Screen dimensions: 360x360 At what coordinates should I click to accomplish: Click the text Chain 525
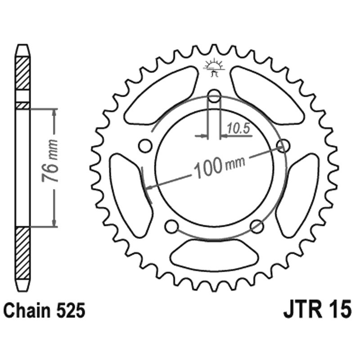(x=44, y=310)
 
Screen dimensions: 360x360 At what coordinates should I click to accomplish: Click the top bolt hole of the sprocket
(x=215, y=96)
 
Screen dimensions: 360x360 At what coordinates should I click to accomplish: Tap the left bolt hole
(x=144, y=146)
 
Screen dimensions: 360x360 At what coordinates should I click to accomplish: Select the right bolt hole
(x=283, y=145)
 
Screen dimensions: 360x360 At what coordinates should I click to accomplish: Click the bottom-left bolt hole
(x=171, y=227)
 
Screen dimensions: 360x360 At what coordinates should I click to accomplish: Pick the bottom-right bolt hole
(x=256, y=226)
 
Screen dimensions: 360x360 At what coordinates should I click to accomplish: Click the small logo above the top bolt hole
(x=214, y=67)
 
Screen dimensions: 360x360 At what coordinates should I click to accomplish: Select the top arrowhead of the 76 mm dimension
(x=54, y=113)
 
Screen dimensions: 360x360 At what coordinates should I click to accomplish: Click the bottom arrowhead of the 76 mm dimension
(x=54, y=222)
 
